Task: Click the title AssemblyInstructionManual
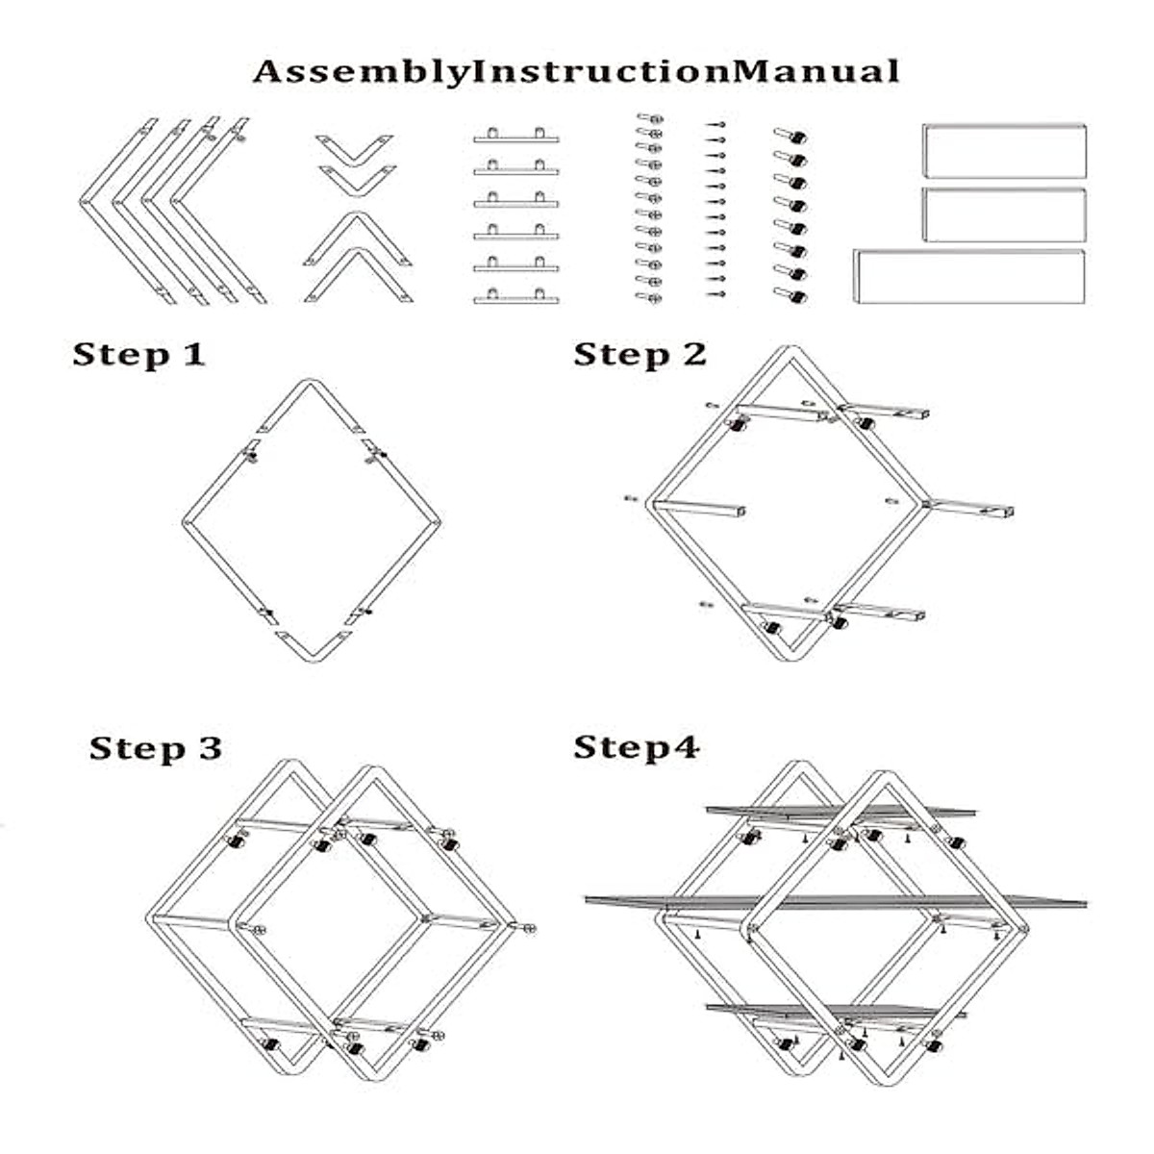click(576, 72)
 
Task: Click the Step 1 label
click(139, 355)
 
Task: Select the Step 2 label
click(640, 355)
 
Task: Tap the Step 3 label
click(156, 748)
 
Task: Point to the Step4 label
click(636, 747)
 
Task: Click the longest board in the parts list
click(969, 276)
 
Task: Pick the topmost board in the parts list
click(1004, 151)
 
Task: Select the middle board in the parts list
click(1004, 214)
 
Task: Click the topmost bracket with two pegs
click(515, 137)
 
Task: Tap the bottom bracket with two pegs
click(515, 296)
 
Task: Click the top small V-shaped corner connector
click(355, 147)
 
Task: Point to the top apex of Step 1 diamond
click(310, 384)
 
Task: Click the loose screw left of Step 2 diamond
click(631, 499)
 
